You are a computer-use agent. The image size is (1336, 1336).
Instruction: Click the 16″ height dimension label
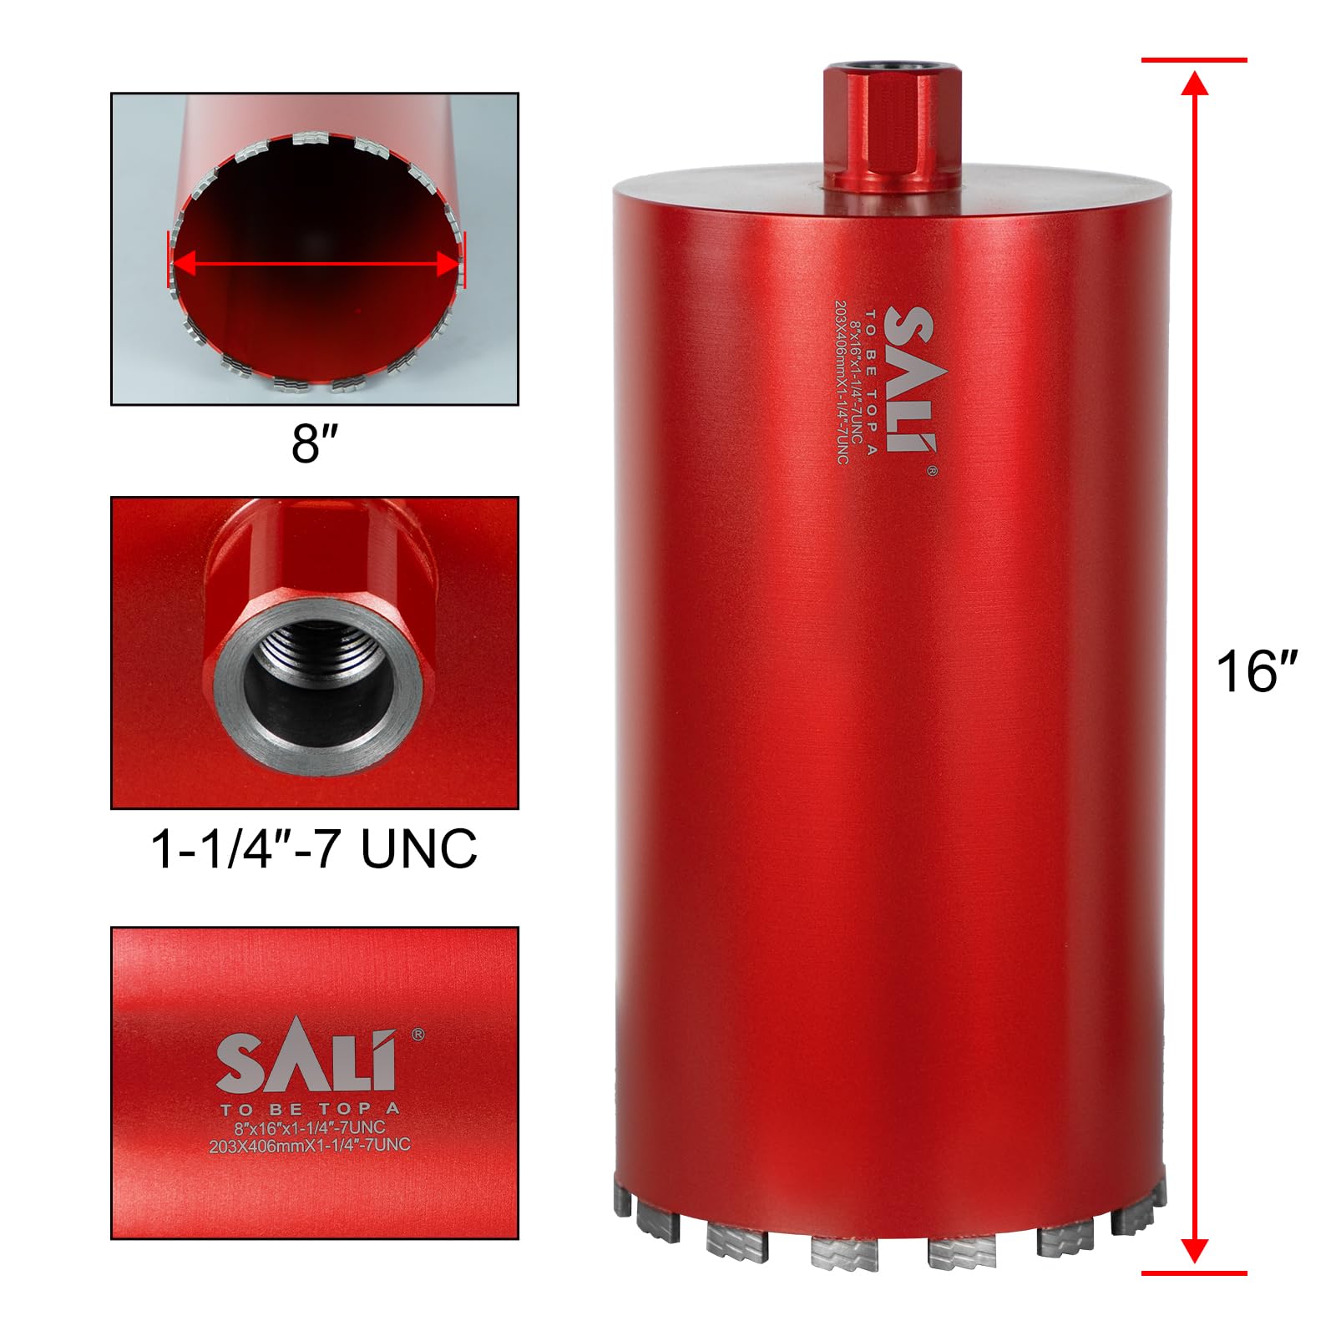coord(1258,671)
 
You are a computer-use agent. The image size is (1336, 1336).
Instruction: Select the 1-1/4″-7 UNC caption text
coord(314,849)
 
